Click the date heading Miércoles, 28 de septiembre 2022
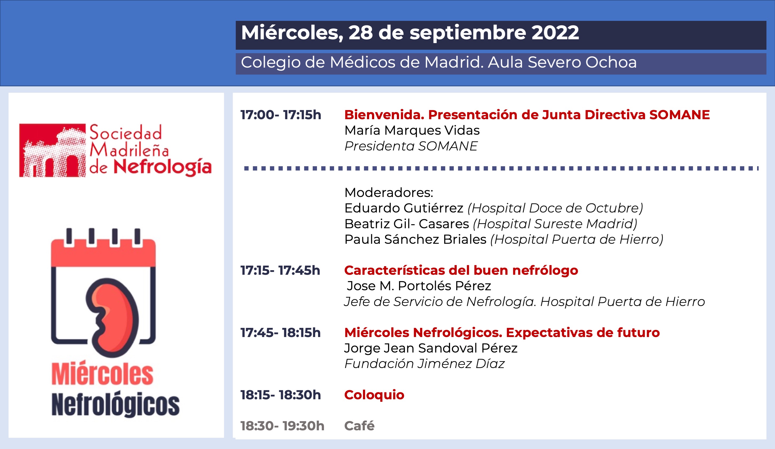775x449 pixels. [x=410, y=33]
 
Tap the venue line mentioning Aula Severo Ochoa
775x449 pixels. [x=439, y=63]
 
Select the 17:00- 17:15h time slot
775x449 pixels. [x=281, y=115]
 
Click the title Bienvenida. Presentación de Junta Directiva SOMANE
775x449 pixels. [x=527, y=115]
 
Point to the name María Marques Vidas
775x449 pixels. [x=412, y=130]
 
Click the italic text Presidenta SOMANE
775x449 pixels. [x=411, y=146]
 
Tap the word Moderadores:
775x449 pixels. [x=389, y=193]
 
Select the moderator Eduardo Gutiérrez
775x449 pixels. [x=404, y=208]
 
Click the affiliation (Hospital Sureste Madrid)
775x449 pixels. [x=555, y=224]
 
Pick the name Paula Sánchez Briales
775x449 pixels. [x=416, y=239]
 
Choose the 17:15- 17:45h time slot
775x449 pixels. [x=280, y=270]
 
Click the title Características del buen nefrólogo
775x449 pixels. [x=461, y=270]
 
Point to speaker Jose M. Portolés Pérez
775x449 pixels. [x=419, y=286]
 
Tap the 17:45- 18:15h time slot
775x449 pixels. [x=281, y=333]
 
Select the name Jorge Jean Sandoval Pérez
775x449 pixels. [x=431, y=348]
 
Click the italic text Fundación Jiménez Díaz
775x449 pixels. [x=424, y=364]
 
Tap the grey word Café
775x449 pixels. [x=359, y=426]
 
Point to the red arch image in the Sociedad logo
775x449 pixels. [x=52, y=150]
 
